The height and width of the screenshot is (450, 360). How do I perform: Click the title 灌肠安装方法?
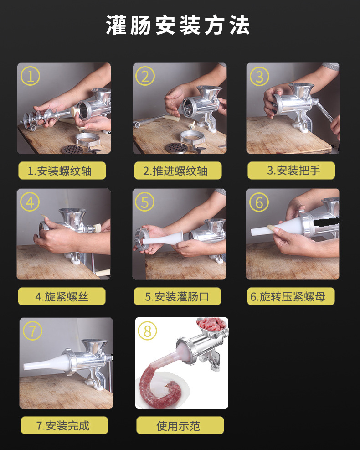click(178, 25)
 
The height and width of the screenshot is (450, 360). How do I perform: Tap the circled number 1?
click(30, 76)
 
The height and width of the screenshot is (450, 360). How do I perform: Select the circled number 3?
click(259, 76)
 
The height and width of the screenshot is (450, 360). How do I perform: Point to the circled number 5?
click(144, 202)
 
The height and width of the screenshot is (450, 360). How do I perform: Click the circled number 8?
click(148, 331)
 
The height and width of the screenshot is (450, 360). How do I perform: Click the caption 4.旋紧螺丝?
click(62, 297)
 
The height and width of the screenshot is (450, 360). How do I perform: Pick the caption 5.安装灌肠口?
click(177, 297)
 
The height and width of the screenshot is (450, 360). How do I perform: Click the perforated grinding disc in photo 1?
click(72, 149)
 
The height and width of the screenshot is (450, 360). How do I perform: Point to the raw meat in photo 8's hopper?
click(211, 324)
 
